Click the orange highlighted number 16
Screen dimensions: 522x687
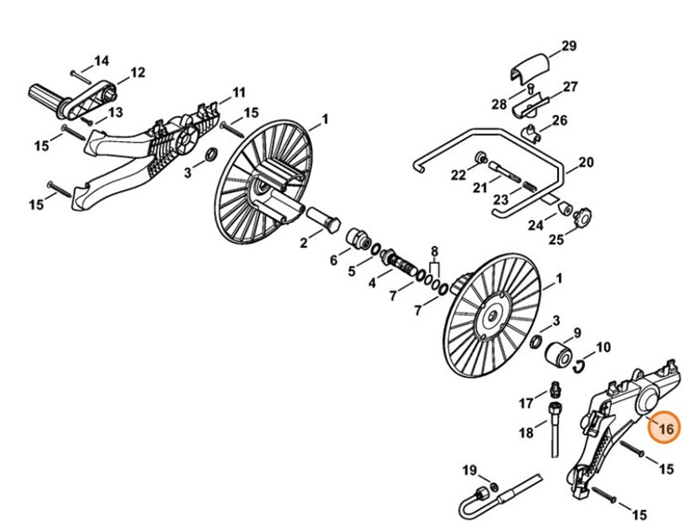coord(664,428)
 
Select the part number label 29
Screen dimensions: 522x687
coord(569,46)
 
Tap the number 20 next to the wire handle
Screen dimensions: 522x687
coord(586,163)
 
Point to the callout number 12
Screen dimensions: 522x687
coord(137,72)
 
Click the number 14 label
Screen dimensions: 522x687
coord(102,60)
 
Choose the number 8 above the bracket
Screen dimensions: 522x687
coord(434,252)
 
